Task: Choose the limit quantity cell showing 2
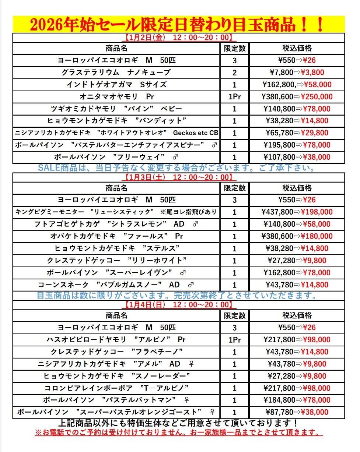click(234, 73)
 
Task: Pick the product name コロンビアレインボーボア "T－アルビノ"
click(116, 388)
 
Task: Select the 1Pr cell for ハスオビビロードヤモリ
click(234, 340)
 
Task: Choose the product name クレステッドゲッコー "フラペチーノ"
click(116, 352)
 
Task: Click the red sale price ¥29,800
click(315, 133)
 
